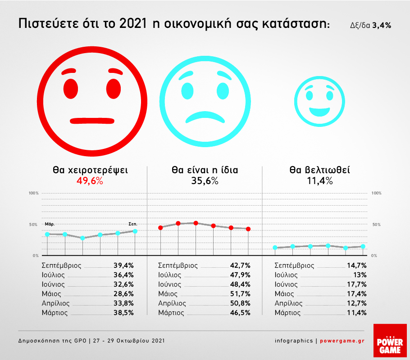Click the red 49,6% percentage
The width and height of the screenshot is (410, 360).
(90, 181)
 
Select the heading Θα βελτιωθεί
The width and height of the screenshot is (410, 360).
(319, 171)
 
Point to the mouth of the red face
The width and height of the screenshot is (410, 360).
(91, 120)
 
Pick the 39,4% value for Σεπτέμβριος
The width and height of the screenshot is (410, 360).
(123, 265)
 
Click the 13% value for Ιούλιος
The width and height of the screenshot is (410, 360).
(360, 275)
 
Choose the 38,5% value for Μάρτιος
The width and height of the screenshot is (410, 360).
(123, 313)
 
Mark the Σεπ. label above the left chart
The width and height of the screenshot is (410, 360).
(133, 224)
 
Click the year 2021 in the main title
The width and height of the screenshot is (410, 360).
(133, 24)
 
